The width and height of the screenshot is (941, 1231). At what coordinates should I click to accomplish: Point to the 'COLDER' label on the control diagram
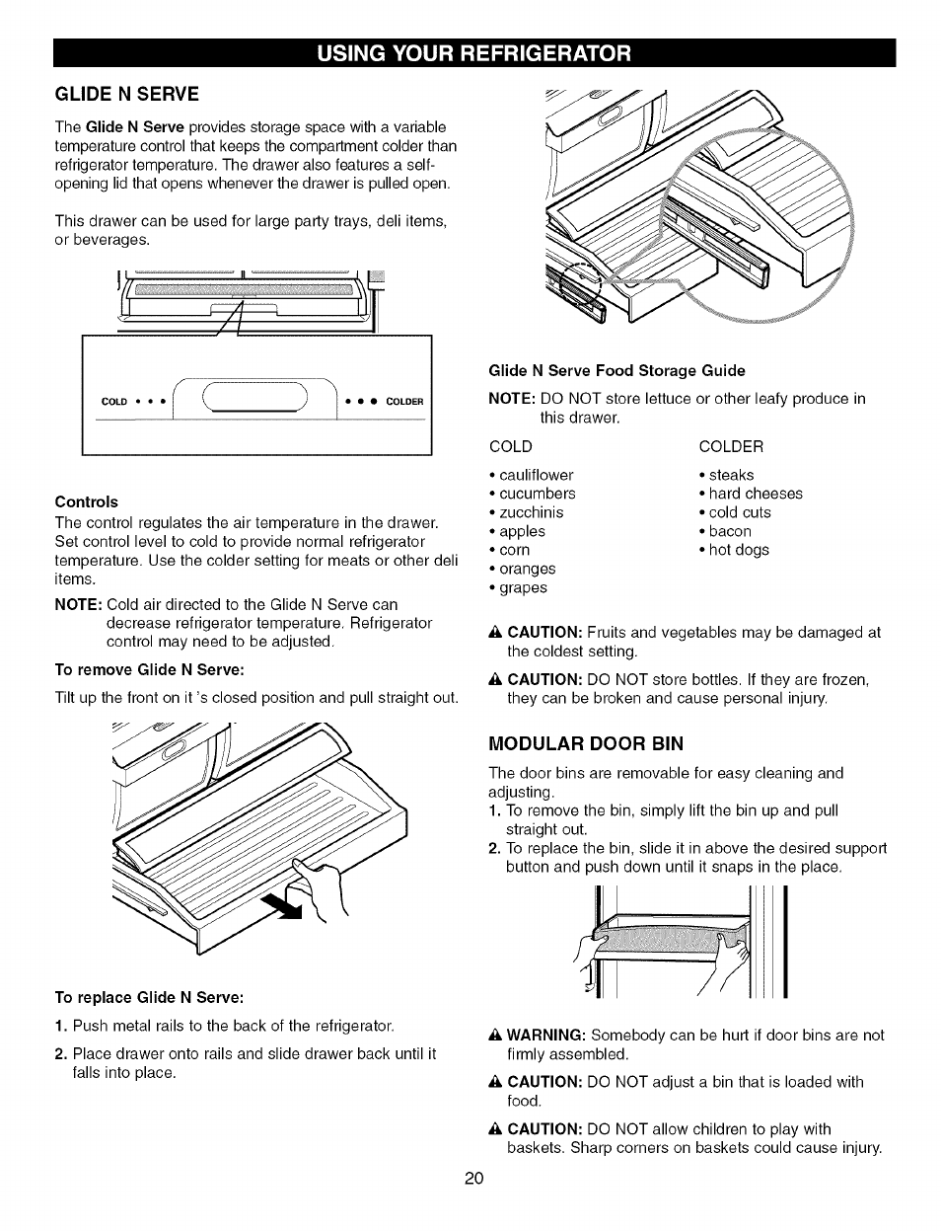[x=404, y=402]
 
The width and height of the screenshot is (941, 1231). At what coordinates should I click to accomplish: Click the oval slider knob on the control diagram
[x=255, y=398]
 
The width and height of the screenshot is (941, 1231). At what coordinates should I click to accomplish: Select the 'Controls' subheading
[x=86, y=501]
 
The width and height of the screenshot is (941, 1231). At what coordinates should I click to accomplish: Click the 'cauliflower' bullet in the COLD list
[x=536, y=475]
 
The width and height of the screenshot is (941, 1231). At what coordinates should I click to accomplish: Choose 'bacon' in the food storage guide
[x=730, y=531]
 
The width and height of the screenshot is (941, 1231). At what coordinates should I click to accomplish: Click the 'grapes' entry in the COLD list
[x=522, y=587]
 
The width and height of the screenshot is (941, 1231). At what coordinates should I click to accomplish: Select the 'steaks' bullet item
[x=731, y=475]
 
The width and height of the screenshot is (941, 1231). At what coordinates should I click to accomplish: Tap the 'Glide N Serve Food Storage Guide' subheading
[x=616, y=370]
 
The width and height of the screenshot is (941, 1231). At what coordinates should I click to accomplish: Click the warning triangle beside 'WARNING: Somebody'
[x=496, y=1035]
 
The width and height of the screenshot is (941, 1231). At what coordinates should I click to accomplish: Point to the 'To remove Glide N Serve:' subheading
[x=149, y=669]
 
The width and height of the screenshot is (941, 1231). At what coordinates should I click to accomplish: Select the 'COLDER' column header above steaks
[x=730, y=446]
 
